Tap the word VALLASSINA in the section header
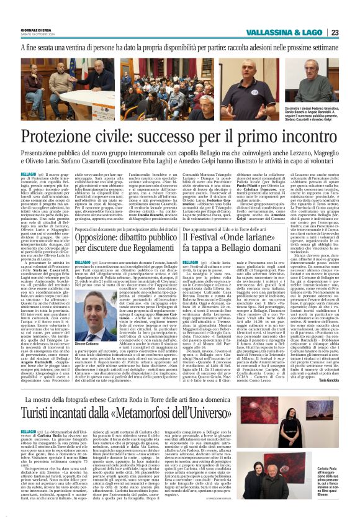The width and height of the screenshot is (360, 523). tap(268, 32)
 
